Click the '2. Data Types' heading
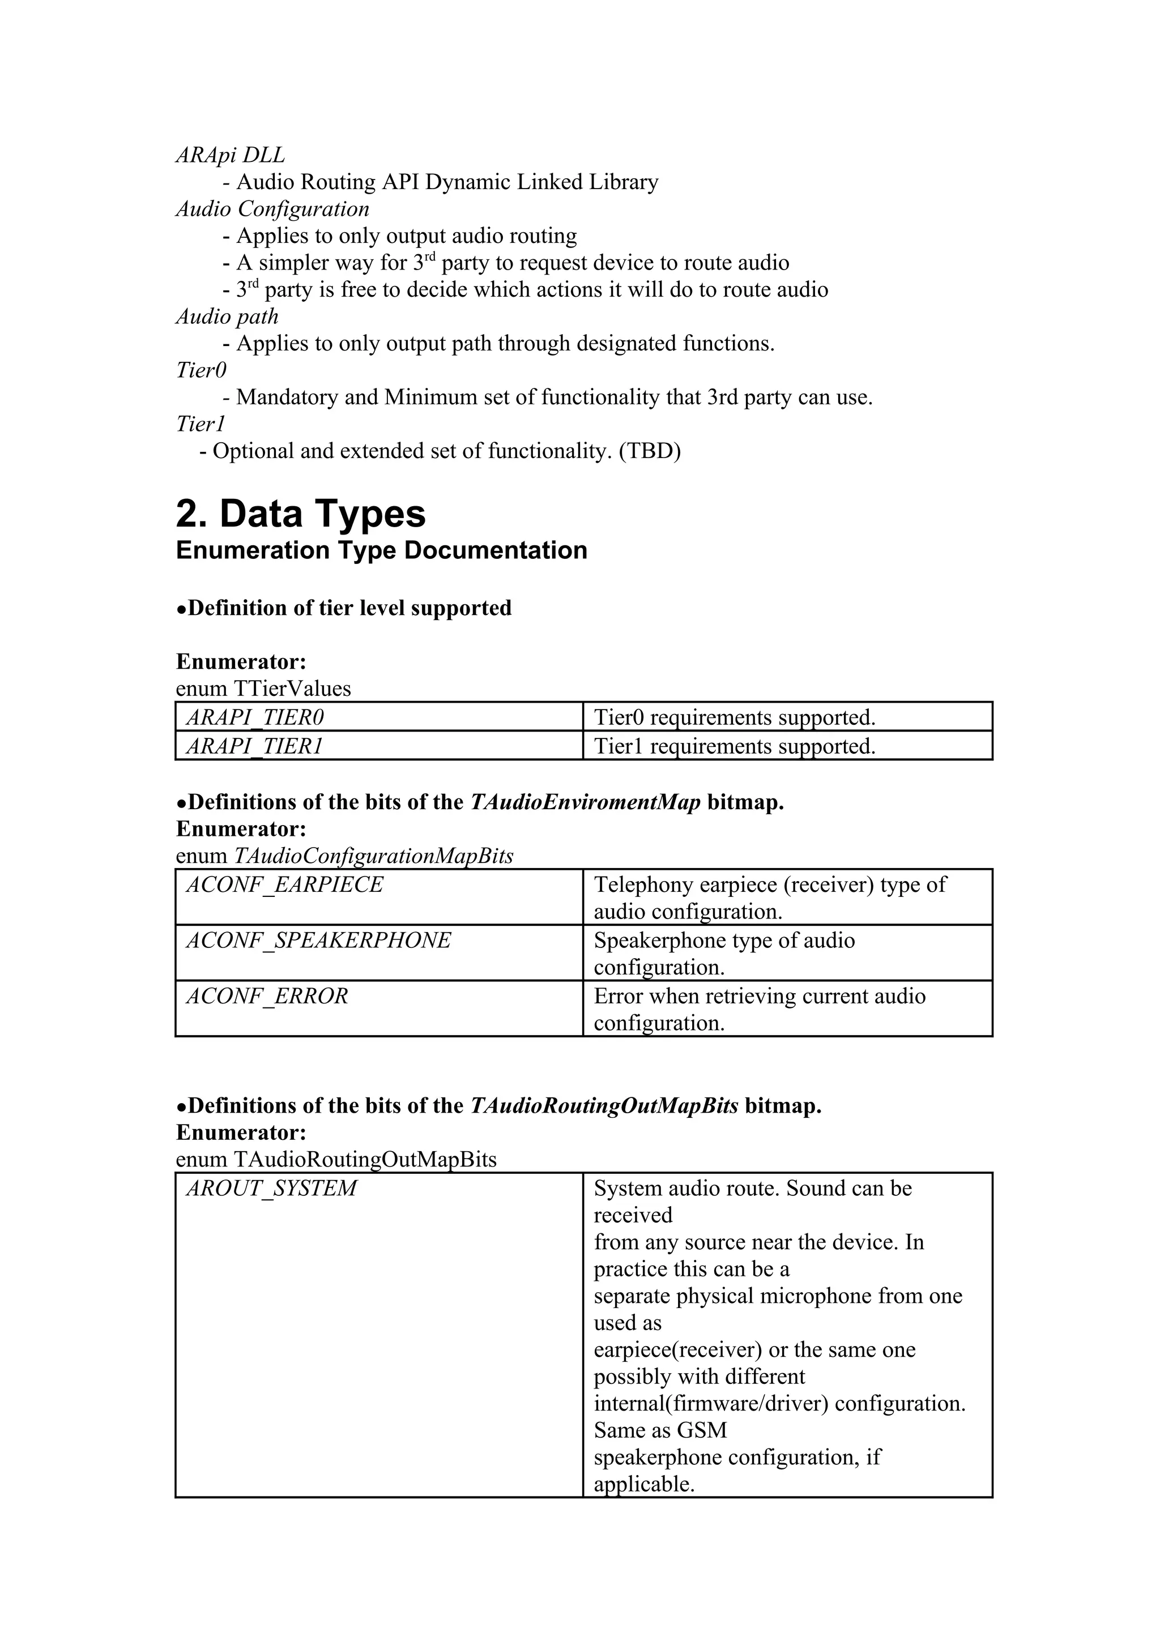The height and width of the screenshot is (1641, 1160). coord(300,514)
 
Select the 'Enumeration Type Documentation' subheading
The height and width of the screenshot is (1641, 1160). coord(381,550)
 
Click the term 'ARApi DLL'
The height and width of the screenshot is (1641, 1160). coord(230,155)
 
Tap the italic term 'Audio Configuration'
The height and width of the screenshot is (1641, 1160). coord(272,209)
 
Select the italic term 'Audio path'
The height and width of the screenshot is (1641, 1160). coord(227,316)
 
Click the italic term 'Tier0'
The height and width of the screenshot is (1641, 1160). coord(201,370)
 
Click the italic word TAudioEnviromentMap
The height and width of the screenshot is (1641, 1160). coord(585,802)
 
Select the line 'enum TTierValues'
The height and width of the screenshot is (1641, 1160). coord(263,688)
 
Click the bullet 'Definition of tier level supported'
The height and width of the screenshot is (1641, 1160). coord(344,608)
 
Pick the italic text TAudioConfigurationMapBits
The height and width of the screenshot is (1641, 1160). coord(373,856)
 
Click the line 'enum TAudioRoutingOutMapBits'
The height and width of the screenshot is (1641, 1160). coord(336,1159)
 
